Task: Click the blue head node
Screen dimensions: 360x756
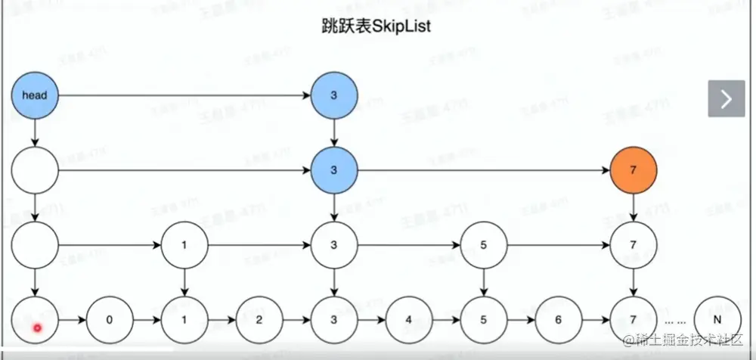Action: [35, 95]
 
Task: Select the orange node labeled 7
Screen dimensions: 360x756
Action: [633, 170]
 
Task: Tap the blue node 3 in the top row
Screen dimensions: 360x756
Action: [333, 95]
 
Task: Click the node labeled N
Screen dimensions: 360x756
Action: [715, 319]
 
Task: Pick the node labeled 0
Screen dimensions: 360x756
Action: [110, 319]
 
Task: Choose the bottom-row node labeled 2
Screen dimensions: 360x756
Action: [259, 319]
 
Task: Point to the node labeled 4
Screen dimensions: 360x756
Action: [408, 319]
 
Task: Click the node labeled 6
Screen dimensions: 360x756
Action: [558, 319]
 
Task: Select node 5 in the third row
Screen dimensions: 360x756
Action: [483, 246]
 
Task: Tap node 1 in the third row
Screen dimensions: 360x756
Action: [184, 246]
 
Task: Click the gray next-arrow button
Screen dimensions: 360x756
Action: [727, 98]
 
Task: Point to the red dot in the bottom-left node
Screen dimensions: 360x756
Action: [36, 327]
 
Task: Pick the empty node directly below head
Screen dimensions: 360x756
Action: [35, 170]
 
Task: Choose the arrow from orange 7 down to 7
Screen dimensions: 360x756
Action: [633, 208]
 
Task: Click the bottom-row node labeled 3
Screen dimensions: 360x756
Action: [333, 319]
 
